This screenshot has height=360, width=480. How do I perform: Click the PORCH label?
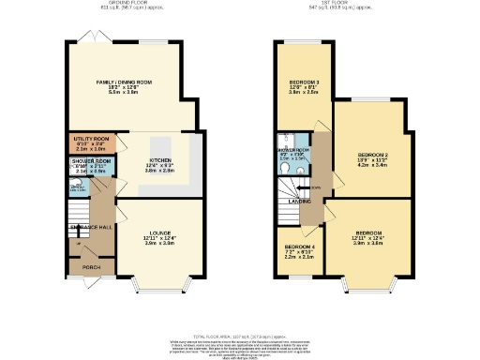click(91, 267)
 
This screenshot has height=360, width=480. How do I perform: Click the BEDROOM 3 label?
click(305, 82)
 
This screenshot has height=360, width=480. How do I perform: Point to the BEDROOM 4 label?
click(299, 247)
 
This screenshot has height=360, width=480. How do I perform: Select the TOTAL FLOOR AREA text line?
click(242, 335)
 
